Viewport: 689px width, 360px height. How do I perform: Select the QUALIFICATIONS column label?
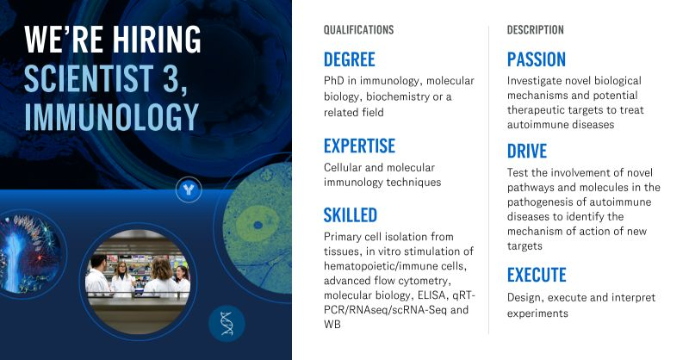[x=358, y=30]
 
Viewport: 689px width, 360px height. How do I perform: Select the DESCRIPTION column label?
[x=536, y=30]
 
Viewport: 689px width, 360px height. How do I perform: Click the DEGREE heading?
[x=350, y=59]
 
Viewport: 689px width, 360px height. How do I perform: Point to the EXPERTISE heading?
[x=359, y=146]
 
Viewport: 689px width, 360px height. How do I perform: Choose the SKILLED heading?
[x=351, y=214]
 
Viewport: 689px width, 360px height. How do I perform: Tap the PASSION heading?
[x=537, y=59]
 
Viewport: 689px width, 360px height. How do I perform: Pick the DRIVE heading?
[x=527, y=152]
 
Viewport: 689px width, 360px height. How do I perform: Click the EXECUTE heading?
[x=537, y=276]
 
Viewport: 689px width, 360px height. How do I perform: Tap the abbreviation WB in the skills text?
[x=332, y=325]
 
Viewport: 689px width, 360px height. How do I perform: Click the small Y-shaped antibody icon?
[x=188, y=189]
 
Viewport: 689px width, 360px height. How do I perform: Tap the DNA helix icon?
[x=227, y=323]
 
